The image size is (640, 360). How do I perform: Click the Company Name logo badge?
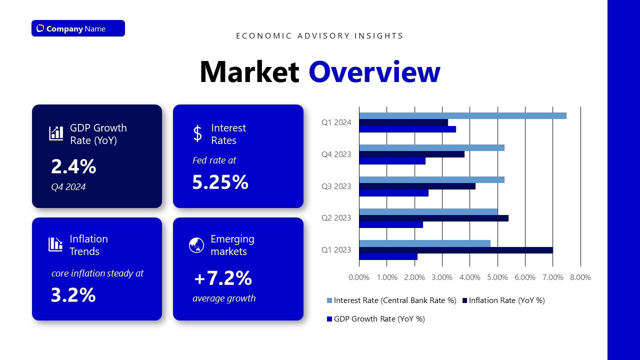(x=78, y=28)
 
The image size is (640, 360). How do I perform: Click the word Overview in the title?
(x=374, y=72)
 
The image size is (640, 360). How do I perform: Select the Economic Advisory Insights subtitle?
(x=319, y=36)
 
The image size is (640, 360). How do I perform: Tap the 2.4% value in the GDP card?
(x=73, y=166)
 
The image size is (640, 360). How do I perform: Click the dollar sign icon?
(x=197, y=133)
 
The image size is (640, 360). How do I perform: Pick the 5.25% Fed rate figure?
(x=220, y=182)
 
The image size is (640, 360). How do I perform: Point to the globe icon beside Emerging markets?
(x=196, y=245)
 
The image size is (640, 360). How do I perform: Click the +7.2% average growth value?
(x=223, y=278)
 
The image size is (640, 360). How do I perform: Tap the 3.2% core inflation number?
(x=73, y=295)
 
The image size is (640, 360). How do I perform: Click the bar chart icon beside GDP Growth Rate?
(x=56, y=133)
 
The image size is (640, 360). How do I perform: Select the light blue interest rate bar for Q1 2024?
(x=462, y=116)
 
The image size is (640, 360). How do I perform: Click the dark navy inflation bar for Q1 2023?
(x=455, y=250)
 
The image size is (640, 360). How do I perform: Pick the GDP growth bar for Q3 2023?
(x=393, y=193)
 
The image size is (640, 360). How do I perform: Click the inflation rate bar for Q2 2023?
(x=433, y=218)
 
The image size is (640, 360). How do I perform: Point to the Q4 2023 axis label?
(x=336, y=154)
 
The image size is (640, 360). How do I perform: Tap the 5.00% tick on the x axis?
(x=497, y=277)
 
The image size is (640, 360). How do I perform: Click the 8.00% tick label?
(x=580, y=277)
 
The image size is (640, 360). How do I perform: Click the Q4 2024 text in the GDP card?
(x=68, y=187)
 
